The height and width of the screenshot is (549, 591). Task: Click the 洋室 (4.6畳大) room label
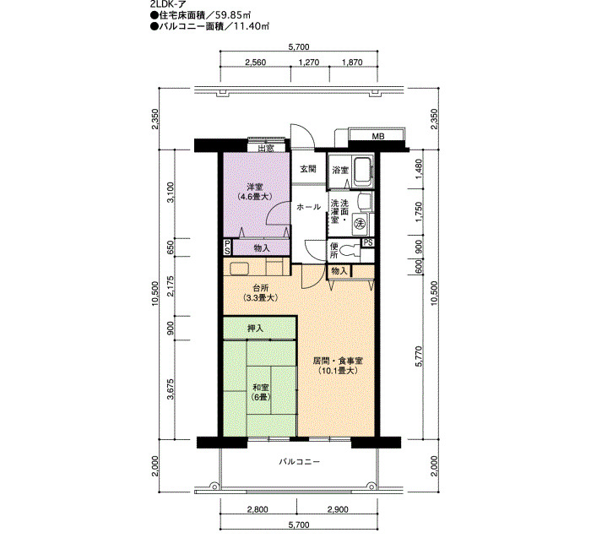(255, 191)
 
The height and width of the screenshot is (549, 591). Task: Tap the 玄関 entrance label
(307, 169)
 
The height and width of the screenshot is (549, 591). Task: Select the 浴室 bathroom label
(340, 170)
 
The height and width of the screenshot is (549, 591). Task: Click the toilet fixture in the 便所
(350, 250)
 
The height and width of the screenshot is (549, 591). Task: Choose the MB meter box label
(378, 137)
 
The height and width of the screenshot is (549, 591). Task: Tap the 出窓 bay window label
(265, 148)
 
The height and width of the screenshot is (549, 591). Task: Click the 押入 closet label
(255, 329)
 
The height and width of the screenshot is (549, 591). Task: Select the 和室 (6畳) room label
(260, 392)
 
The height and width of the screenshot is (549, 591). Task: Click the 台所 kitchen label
(260, 292)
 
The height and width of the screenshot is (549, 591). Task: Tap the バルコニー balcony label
(299, 461)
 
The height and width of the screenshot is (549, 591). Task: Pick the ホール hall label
(308, 207)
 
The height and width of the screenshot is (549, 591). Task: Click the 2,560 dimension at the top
(256, 63)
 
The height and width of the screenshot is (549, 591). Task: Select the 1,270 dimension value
(309, 63)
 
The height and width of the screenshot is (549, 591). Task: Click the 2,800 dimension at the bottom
(258, 509)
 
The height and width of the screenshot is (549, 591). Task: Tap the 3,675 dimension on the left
(171, 389)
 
